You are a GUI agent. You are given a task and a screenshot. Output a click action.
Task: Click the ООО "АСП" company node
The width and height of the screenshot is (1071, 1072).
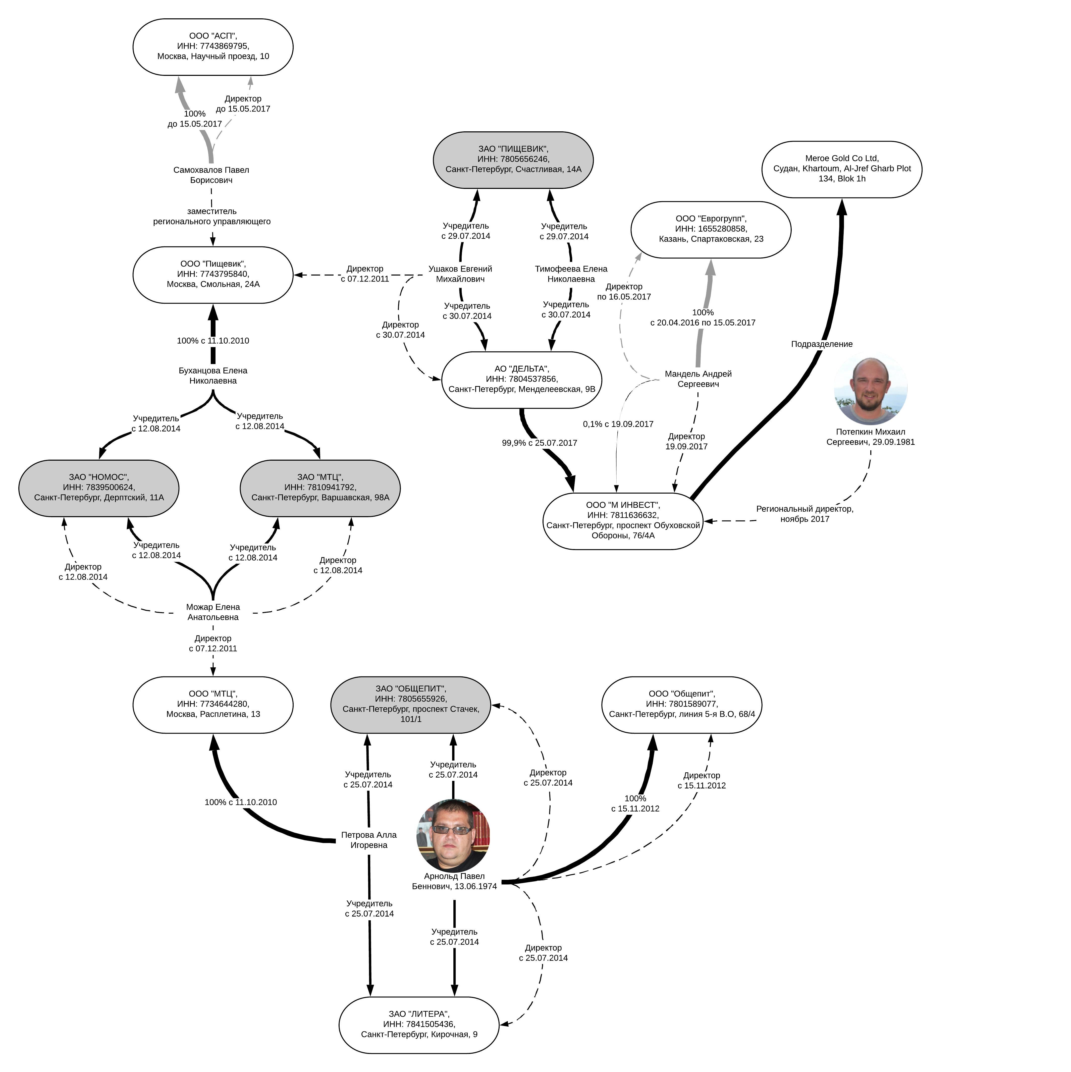pos(213,47)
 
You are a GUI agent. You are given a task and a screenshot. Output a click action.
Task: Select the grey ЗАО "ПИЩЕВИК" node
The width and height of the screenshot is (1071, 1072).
pos(513,160)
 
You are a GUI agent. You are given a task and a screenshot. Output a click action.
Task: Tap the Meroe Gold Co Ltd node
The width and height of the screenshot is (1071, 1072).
pos(842,169)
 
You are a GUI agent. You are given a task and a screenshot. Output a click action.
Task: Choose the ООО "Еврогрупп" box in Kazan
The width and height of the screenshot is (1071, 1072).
pos(711,229)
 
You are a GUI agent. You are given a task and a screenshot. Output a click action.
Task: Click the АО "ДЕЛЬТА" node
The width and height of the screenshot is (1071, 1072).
pos(522,380)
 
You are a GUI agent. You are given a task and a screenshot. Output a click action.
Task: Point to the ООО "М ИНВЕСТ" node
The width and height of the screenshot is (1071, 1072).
pos(623,520)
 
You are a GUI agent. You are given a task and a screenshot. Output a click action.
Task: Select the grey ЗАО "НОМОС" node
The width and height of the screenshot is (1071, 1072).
pos(99,488)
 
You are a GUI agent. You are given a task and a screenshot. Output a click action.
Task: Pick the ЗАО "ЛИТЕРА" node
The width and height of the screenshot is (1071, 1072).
pos(419,1025)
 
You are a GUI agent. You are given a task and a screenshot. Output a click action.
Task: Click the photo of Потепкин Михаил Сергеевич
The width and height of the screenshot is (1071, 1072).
pos(870,391)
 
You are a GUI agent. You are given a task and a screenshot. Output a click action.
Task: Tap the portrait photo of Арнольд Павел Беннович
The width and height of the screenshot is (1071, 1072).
pos(453,835)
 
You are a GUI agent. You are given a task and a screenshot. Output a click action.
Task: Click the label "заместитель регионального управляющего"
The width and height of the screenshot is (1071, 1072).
pos(212,217)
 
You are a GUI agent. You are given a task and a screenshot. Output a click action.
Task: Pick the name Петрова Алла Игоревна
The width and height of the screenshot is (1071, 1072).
pos(369,840)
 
